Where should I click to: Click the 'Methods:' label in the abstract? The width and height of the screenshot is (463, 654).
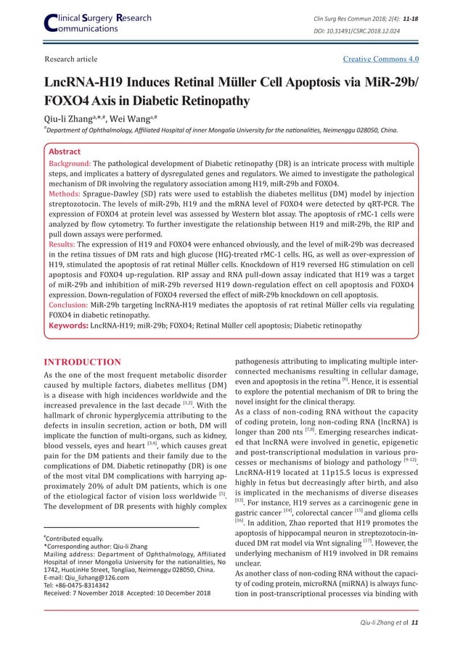pyautogui.click(x=65, y=195)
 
